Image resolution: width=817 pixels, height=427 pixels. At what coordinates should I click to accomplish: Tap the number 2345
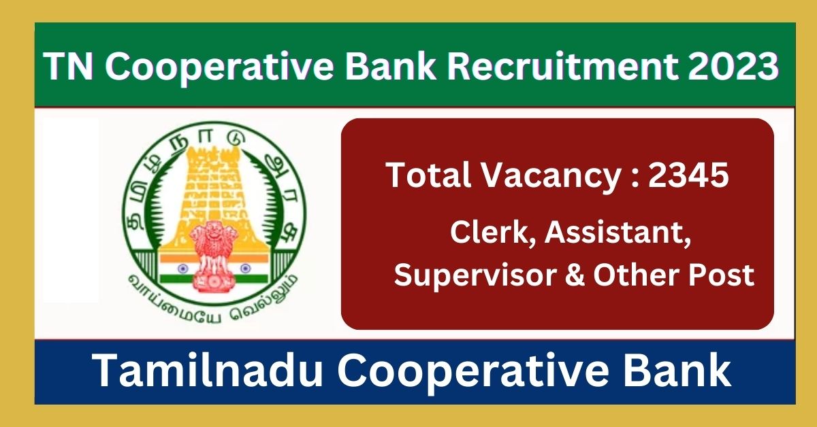[688, 177]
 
